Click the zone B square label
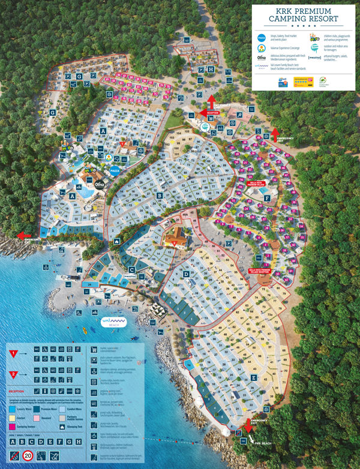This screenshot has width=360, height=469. point(159,194)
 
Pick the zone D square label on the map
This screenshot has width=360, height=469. point(187,274)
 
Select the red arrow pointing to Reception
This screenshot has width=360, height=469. point(211,100)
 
